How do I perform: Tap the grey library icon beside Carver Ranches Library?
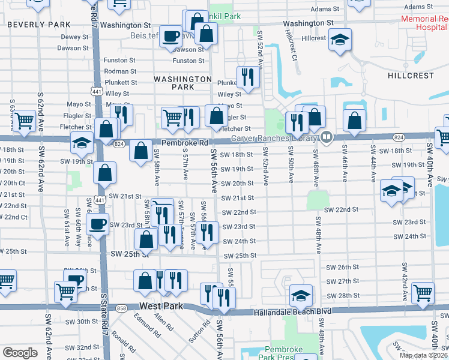pos(327,137)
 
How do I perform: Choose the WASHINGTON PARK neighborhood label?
pos(182,83)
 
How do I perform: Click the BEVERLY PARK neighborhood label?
pos(39,25)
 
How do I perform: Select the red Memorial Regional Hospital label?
pos(424,23)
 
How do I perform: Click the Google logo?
pos(20,353)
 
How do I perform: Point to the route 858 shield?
pos(122,308)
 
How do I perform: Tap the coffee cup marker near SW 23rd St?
pos(97,224)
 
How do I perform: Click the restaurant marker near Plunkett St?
pos(247,76)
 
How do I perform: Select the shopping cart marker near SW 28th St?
pos(423,292)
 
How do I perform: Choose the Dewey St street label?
pos(74,37)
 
